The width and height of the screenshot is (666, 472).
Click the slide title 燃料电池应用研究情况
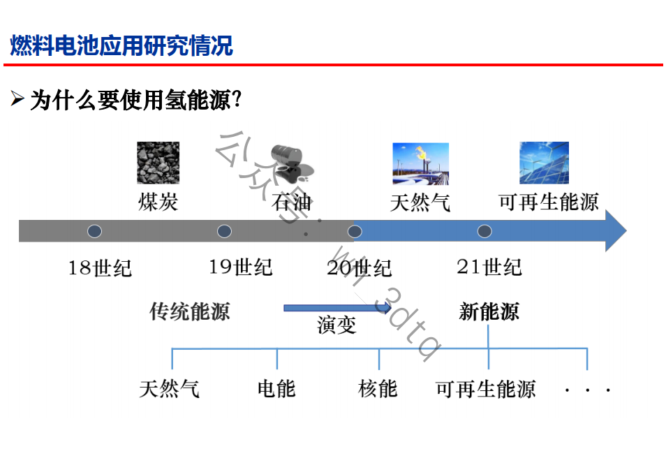pos(121,45)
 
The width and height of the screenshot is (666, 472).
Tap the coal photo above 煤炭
pos(158,163)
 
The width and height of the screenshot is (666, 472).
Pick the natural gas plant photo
pos(420,163)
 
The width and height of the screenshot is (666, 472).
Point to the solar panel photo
pos(544,163)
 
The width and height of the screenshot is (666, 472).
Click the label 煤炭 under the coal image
pos(158,202)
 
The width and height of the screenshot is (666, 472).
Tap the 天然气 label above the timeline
pos(420,202)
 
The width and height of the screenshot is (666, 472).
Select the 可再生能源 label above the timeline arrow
pos(548,202)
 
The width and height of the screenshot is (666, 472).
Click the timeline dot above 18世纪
pos(94,231)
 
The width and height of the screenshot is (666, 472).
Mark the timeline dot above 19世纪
pos(224,231)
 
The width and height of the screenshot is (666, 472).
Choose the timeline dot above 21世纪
pos(484,231)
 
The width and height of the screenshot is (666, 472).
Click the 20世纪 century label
pos(359,268)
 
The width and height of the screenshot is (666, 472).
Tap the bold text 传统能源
pos(189,311)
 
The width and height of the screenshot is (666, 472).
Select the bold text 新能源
pos(489,311)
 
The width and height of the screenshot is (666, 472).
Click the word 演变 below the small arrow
pos(336,325)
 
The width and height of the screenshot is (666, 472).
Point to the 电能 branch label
pos(276,389)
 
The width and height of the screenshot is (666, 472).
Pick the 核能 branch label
pos(378,389)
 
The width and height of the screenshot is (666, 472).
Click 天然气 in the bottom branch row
pos(169,389)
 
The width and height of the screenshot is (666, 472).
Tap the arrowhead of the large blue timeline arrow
pos(616,230)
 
